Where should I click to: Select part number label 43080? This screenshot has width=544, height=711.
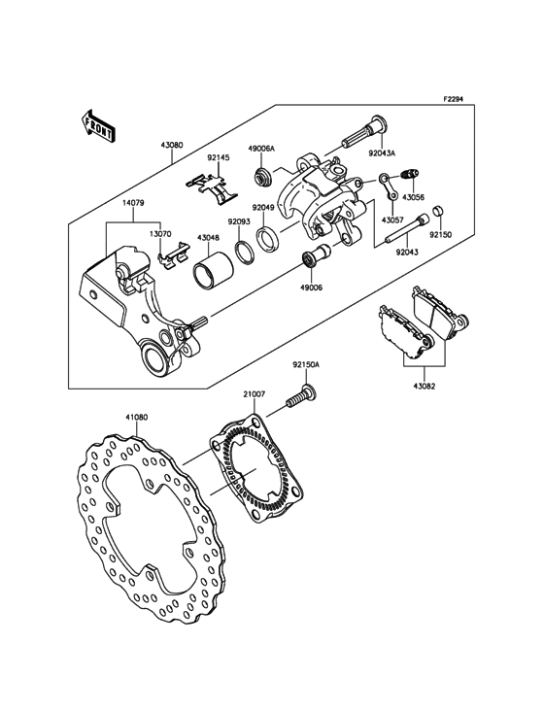(x=171, y=146)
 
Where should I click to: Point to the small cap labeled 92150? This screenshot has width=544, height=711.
(x=438, y=211)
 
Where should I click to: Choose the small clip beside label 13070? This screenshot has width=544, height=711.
(x=171, y=257)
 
